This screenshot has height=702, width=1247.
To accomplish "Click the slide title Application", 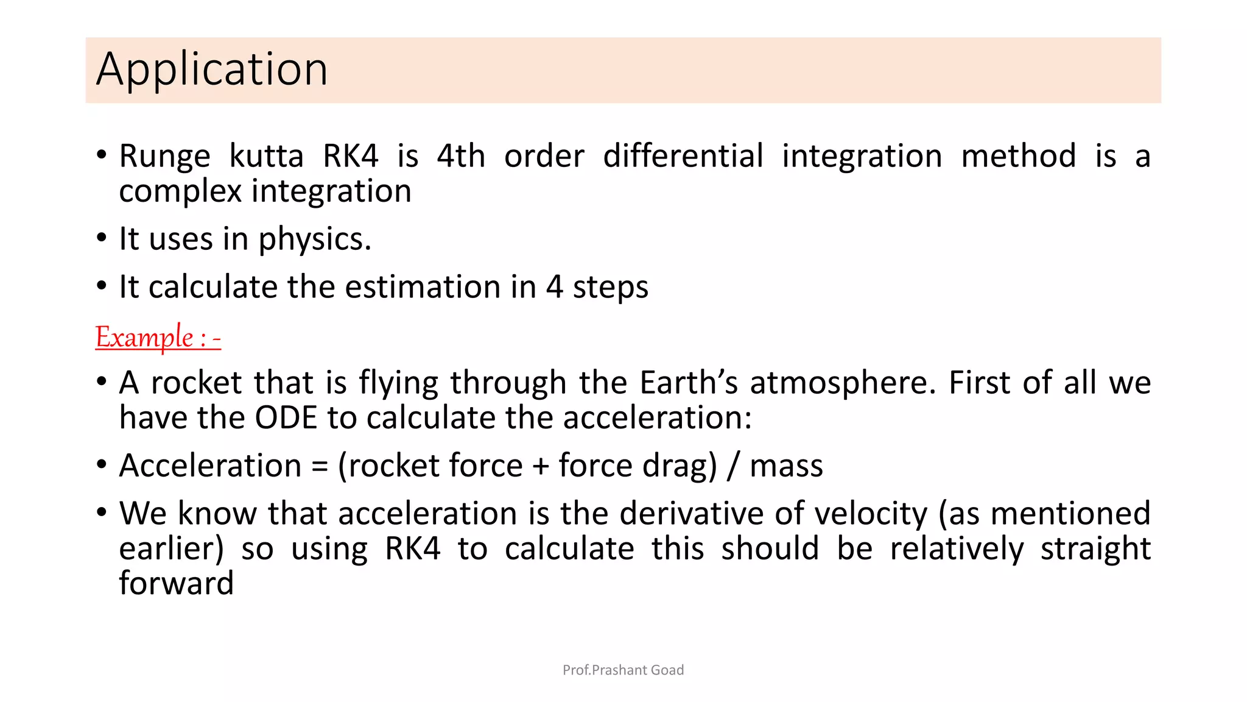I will coord(212,69).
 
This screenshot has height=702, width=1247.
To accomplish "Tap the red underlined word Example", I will coord(144,337).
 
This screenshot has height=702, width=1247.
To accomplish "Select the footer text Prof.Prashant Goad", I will coord(623,670).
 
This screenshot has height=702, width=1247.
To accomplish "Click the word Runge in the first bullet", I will coord(164,156).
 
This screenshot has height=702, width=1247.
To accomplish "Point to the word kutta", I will coord(266,156).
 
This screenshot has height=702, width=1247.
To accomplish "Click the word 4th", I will coord(461,156).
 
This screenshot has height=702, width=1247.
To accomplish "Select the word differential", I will coord(683,156).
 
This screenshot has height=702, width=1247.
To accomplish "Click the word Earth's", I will coord(689,383).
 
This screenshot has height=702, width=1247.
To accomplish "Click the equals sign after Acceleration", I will coord(320,466).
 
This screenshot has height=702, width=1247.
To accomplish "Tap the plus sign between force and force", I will coord(541,466).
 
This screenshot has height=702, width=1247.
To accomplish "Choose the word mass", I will coord(786,466).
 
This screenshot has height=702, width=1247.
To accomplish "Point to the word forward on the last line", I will coord(176,583).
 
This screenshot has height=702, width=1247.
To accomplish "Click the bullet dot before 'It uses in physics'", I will coord(102,238).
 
